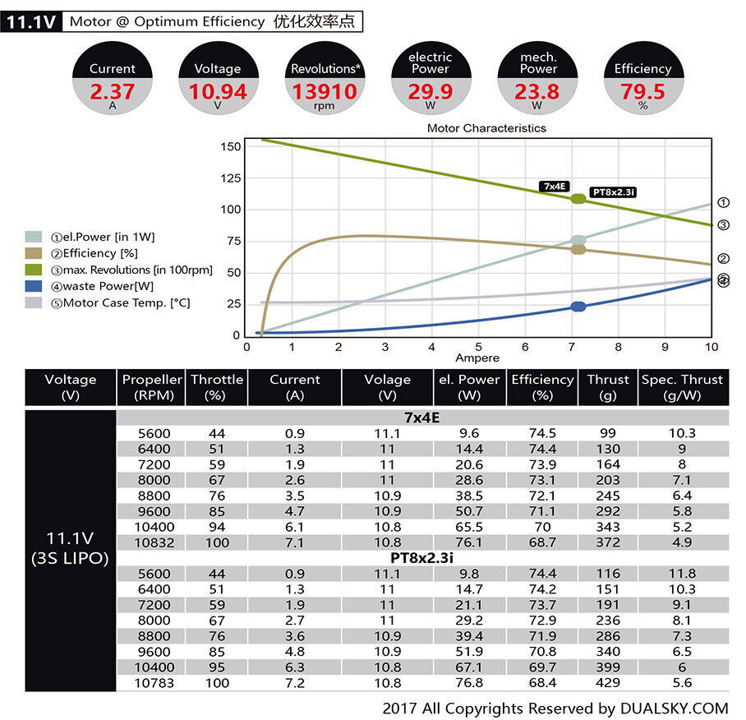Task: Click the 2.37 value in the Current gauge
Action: [x=113, y=91]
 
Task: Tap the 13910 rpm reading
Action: [x=325, y=91]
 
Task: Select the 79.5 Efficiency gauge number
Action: [x=642, y=91]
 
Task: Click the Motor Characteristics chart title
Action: [x=486, y=128]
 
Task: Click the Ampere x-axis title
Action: [x=477, y=358]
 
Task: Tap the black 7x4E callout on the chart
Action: [x=554, y=187]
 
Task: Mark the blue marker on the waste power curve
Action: [x=578, y=307]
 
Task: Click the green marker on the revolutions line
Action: [x=578, y=199]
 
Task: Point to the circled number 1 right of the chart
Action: [x=723, y=202]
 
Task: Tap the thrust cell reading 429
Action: [x=608, y=683]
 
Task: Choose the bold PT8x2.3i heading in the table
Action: [x=422, y=558]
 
